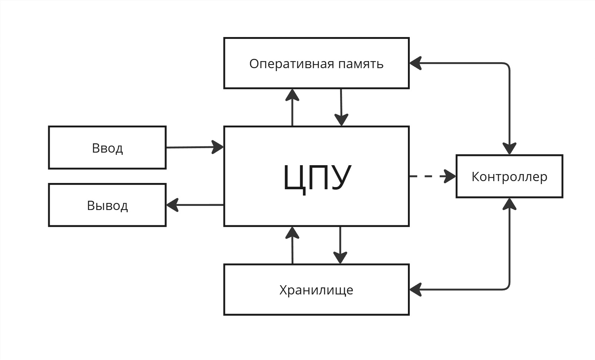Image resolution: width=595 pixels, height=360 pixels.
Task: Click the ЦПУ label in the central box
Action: (317, 177)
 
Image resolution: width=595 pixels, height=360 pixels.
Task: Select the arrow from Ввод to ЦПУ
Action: (193, 147)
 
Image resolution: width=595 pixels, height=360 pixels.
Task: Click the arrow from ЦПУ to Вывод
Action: (196, 205)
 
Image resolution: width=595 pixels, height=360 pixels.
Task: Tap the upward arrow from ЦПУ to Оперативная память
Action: (293, 109)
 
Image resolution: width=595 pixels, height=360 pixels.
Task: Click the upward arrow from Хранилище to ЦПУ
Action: (293, 246)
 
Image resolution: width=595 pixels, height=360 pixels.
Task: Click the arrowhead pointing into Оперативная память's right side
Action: (415, 63)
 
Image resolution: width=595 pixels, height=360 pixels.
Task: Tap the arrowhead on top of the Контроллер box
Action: (510, 149)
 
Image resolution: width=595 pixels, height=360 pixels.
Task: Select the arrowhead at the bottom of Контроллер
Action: (510, 204)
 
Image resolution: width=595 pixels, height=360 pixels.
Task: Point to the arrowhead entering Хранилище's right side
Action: (415, 290)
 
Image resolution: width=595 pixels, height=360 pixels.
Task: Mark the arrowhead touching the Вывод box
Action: (172, 205)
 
